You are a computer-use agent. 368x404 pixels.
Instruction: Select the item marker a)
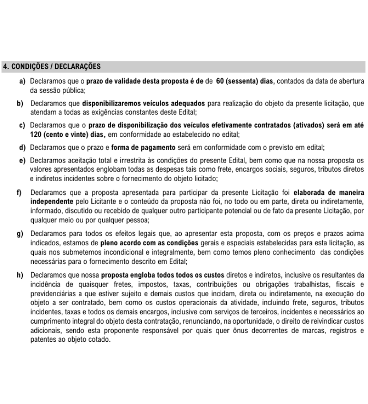(x=22, y=81)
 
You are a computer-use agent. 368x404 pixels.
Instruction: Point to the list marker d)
(x=22, y=148)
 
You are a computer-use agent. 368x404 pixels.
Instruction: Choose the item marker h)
(x=19, y=275)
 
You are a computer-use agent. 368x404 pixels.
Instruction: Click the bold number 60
(x=220, y=81)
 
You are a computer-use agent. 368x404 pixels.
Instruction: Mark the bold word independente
(x=51, y=201)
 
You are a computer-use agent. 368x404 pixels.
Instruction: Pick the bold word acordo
(x=140, y=242)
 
